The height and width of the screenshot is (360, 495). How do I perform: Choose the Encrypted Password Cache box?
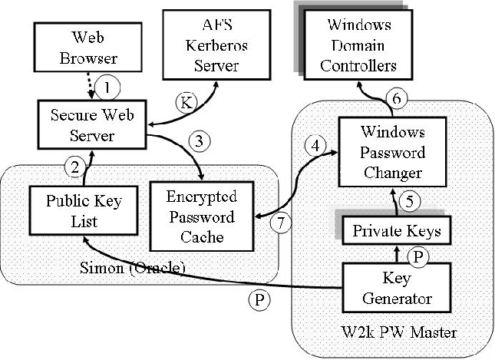point(202,216)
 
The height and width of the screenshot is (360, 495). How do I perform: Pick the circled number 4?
point(313,144)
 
